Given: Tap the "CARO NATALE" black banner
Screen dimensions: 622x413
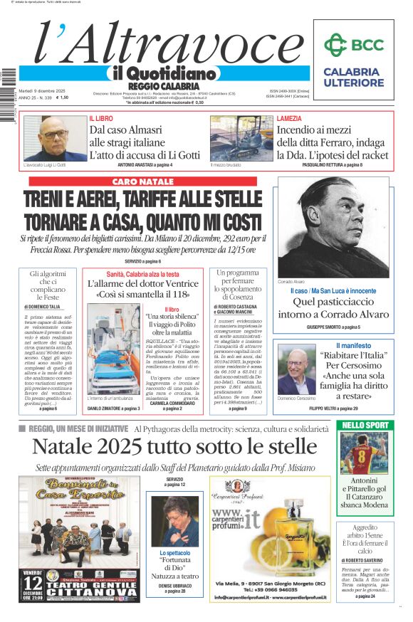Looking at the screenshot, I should coord(142,182).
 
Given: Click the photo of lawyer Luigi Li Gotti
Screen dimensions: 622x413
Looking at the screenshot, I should coord(55,138).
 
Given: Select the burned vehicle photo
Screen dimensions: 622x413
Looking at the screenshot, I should coord(241,138).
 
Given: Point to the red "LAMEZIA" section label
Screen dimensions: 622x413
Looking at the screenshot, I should coord(288,118).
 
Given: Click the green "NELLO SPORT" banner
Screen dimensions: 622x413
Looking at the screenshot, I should coord(365,426).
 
